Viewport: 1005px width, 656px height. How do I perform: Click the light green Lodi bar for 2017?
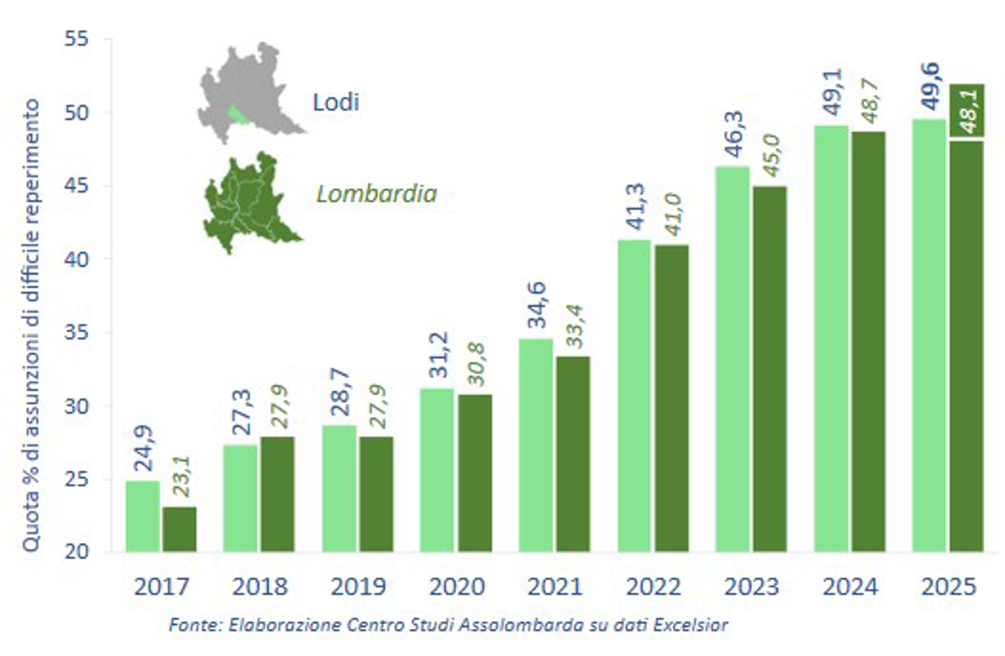pyautogui.click(x=142, y=516)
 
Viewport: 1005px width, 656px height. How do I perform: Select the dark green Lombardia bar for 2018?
pyautogui.click(x=277, y=494)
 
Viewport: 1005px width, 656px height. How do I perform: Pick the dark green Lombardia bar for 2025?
pyautogui.click(x=966, y=344)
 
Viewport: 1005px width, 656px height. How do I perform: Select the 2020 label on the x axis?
pyautogui.click(x=456, y=587)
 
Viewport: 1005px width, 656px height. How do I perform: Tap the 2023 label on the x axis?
pyautogui.click(x=751, y=587)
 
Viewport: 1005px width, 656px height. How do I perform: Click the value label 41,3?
pyautogui.click(x=634, y=210)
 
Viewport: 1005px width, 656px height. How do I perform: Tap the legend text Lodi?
pyautogui.click(x=336, y=102)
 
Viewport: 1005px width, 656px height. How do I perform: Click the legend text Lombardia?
pyautogui.click(x=376, y=194)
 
